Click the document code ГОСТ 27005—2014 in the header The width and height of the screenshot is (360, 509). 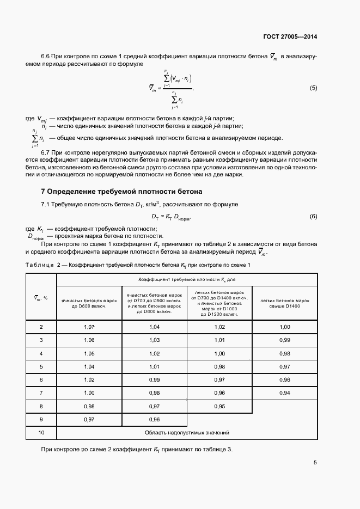tap(289, 37)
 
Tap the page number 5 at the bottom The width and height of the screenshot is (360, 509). tap(315, 463)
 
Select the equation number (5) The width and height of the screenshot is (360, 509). tap(313, 88)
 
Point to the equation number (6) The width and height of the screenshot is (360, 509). tap(313, 217)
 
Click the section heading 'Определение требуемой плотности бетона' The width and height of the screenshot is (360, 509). tap(125, 192)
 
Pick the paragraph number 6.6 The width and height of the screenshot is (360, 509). tap(47, 57)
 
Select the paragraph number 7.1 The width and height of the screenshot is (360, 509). tap(47, 204)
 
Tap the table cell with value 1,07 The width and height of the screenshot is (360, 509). tap(89, 327)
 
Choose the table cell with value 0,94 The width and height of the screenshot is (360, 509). tap(284, 393)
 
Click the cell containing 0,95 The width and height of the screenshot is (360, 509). tap(219, 406)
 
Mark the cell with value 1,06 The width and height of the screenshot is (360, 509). tap(89, 340)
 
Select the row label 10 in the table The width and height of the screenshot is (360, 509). tap(41, 433)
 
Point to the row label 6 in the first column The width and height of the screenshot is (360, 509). tap(41, 379)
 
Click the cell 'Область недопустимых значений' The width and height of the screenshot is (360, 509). tap(187, 433)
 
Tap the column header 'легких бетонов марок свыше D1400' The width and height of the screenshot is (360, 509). tap(284, 303)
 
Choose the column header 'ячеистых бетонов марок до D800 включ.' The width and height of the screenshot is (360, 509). tap(89, 303)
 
